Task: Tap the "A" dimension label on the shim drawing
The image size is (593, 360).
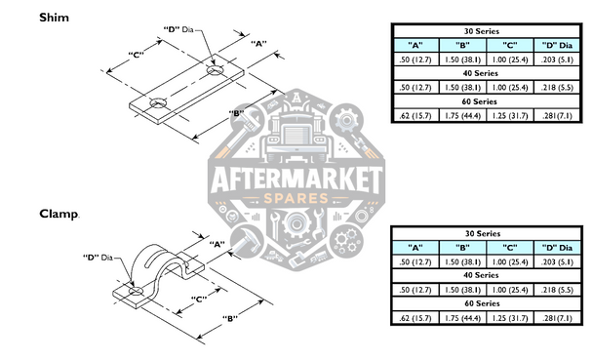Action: pos(259,44)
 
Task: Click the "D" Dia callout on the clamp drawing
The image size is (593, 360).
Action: pos(99,257)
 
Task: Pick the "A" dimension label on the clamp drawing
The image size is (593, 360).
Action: pos(217,243)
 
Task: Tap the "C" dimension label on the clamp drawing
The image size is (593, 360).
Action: pos(198,299)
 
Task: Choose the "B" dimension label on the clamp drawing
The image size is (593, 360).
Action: pos(230,319)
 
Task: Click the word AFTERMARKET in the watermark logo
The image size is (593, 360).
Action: pos(296,182)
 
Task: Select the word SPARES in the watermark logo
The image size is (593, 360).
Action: pos(296,201)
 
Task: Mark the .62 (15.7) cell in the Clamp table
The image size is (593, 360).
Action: pos(415,319)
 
